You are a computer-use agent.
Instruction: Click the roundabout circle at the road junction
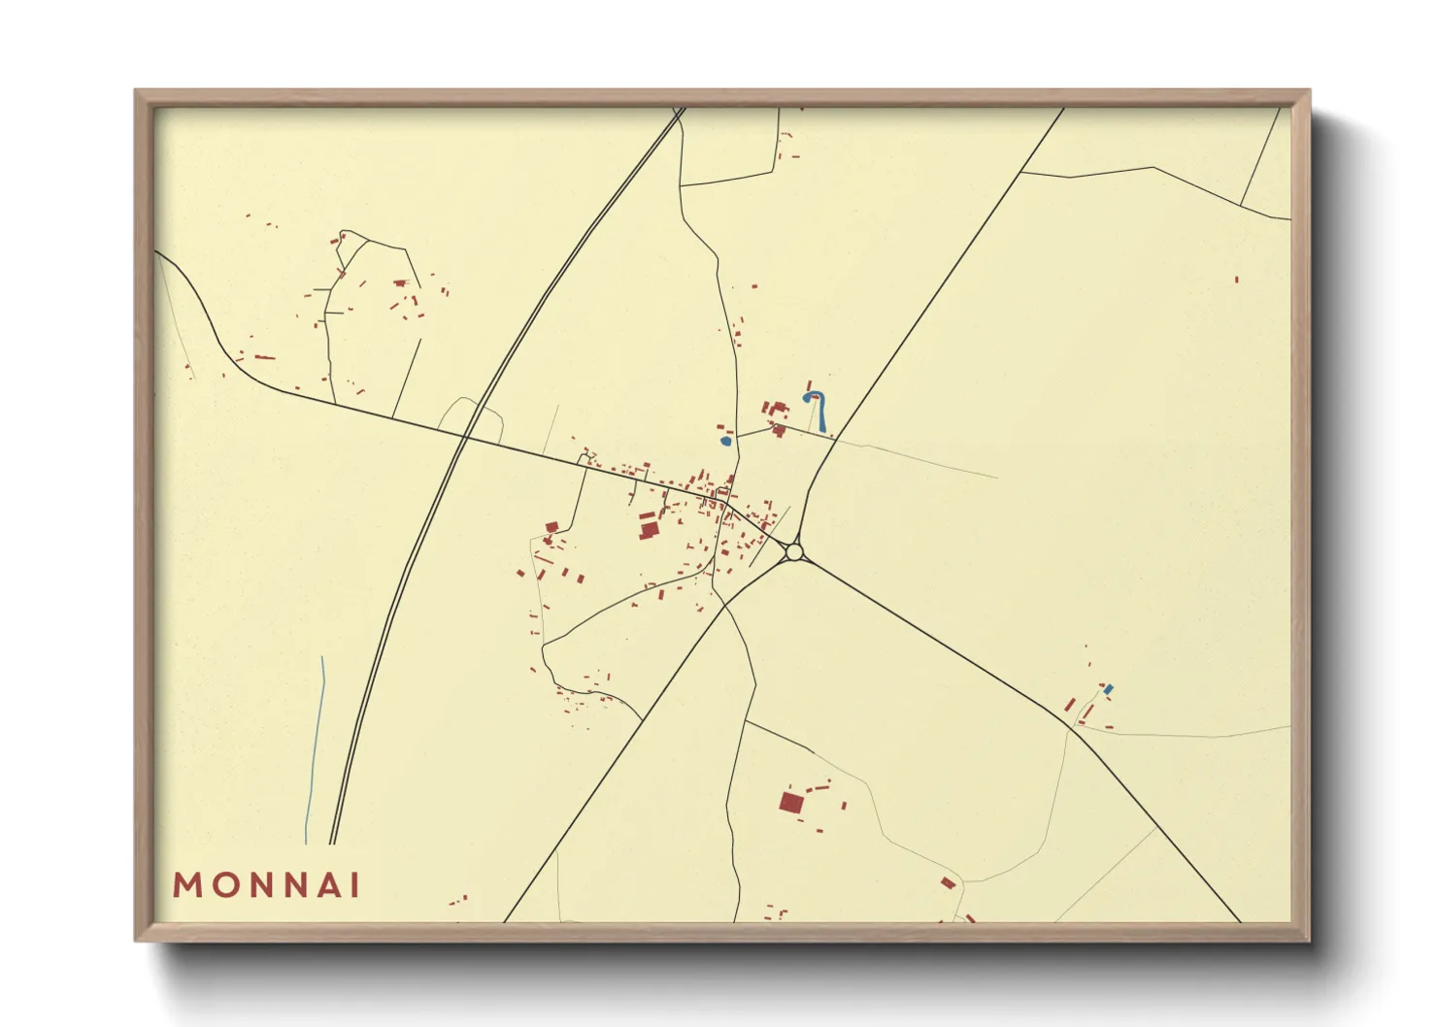click(794, 552)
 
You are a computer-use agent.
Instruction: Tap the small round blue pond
click(725, 442)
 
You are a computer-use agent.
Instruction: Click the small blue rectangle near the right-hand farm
click(1108, 689)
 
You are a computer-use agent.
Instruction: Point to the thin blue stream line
click(315, 747)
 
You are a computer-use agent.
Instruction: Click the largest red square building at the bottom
click(791, 802)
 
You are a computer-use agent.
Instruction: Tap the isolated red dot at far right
click(1236, 280)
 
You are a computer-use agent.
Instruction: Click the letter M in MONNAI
click(186, 885)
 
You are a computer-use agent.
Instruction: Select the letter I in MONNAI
click(355, 885)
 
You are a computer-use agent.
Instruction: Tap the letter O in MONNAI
click(220, 885)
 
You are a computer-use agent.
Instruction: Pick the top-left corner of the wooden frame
click(136, 91)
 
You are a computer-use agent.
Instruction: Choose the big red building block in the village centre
click(648, 528)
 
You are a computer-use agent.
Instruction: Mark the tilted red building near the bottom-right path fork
click(948, 882)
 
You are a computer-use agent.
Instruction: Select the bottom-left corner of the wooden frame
click(136, 940)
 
